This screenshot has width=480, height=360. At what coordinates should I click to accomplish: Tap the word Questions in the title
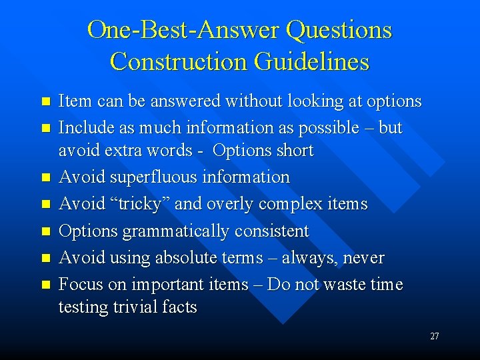[x=339, y=31]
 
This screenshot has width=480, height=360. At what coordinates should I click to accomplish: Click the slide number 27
[x=434, y=337]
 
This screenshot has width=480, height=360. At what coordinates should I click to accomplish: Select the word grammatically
[x=175, y=231]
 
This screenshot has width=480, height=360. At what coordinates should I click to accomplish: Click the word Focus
[x=79, y=285]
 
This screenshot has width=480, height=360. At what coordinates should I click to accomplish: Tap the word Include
[x=84, y=127]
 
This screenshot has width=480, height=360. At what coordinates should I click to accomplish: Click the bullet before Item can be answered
[x=45, y=102]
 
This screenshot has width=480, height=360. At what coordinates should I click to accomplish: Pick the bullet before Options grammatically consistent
[x=45, y=232]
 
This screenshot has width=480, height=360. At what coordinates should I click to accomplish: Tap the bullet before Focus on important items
[x=45, y=285]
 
